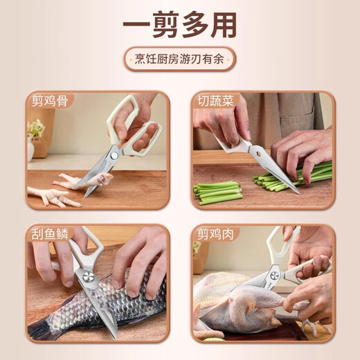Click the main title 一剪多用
(179, 24)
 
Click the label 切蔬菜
(215, 101)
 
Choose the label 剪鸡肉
(215, 233)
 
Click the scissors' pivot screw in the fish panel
(90, 277)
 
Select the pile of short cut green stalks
(217, 192)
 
